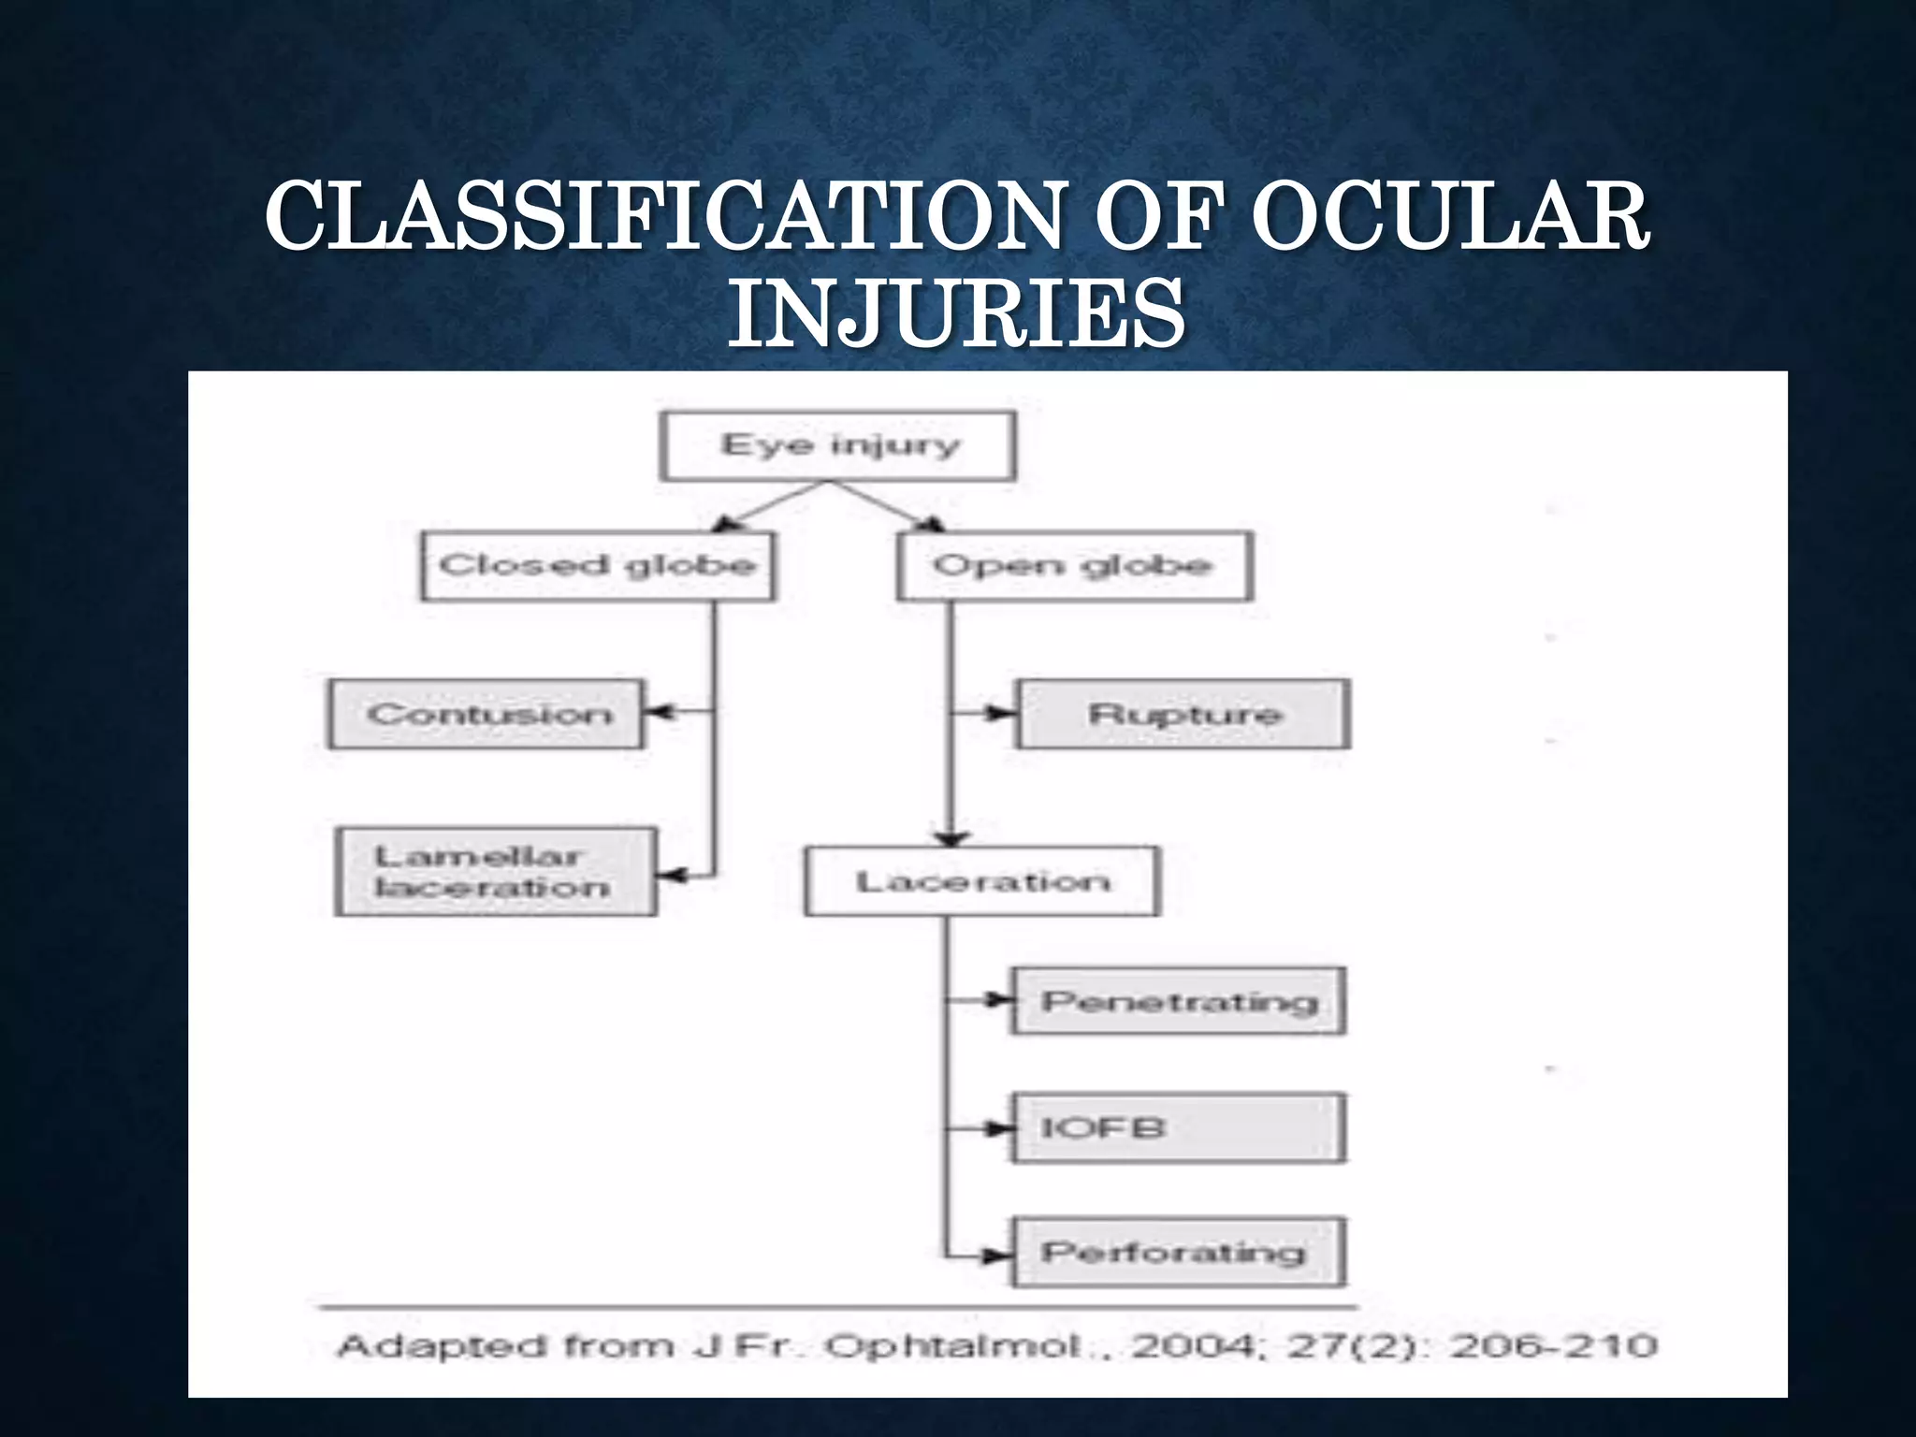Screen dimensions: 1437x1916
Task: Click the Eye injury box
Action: pos(837,446)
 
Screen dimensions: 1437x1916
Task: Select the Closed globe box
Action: pos(597,566)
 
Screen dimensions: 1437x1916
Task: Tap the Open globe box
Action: pos(1074,566)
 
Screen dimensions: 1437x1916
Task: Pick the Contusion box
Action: pos(486,715)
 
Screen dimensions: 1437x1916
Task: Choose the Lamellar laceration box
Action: pos(495,872)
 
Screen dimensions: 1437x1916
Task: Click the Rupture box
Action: pos(1183,715)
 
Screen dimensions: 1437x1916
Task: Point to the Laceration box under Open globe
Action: pos(982,881)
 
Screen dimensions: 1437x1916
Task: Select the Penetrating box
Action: pos(1179,1002)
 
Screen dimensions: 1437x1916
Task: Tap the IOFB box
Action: pos(1179,1128)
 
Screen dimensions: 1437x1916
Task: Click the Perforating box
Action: pos(1179,1253)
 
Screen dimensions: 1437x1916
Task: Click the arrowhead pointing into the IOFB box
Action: pos(999,1128)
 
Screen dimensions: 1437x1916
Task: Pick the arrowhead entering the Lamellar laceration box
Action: pos(670,876)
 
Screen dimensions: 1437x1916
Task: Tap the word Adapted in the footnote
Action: pos(442,1348)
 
